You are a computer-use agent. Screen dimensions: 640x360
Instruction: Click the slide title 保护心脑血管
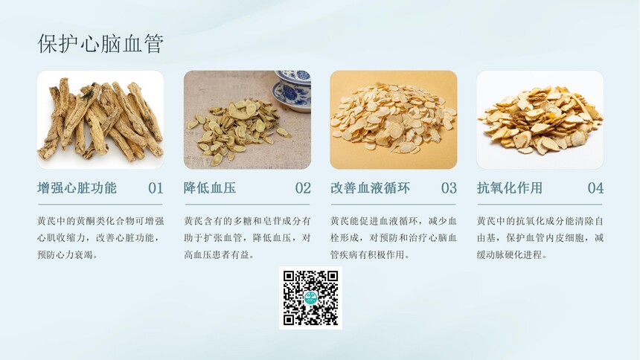[100, 44]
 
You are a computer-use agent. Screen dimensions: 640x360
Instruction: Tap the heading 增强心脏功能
[77, 187]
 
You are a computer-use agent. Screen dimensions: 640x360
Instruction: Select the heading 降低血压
[210, 187]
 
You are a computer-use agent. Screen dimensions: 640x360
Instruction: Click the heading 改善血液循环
[370, 187]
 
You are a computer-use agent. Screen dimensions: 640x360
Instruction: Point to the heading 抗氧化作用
[510, 187]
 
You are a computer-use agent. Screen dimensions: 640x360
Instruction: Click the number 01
[156, 188]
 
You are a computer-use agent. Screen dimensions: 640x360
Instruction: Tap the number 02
[303, 188]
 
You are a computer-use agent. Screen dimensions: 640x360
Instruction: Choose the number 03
[449, 188]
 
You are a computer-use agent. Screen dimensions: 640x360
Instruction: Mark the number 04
[595, 188]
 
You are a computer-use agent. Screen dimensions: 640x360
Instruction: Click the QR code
[310, 298]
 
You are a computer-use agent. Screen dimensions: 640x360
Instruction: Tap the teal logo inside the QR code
[310, 298]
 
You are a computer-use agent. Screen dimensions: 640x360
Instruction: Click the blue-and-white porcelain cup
[293, 91]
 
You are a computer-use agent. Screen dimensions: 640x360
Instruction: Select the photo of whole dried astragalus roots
[100, 120]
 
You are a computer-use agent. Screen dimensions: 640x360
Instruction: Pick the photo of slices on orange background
[394, 120]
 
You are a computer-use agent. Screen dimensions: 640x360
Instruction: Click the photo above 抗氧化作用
[540, 120]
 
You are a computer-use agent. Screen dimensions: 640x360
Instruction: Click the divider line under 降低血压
[247, 204]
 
